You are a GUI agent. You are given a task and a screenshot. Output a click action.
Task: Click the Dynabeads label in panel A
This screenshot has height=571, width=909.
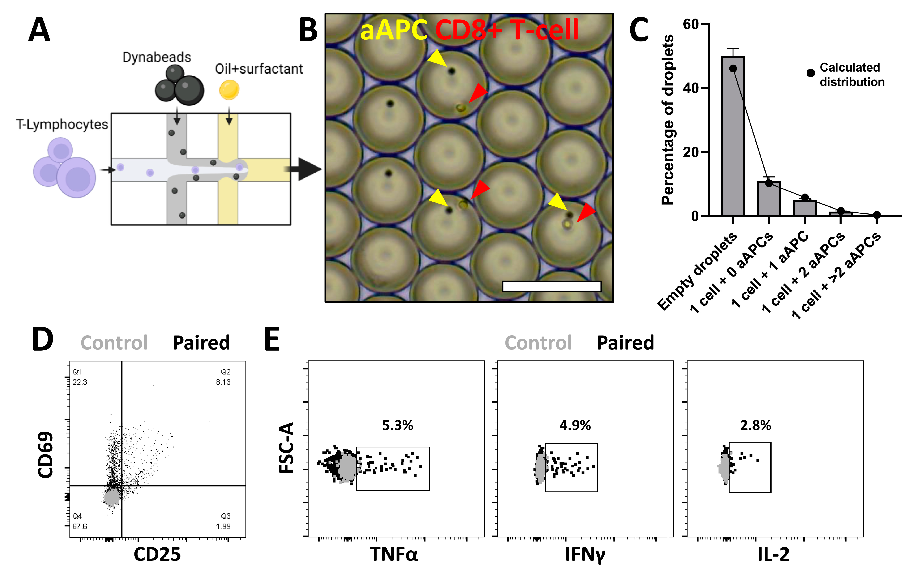coord(157,57)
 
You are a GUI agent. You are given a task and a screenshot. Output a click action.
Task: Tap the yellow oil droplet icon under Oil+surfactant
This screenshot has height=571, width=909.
coord(229,90)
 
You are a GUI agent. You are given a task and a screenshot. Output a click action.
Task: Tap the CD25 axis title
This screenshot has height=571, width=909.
coord(157,554)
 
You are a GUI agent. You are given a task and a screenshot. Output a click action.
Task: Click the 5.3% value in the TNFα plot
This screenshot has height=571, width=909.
coord(398,425)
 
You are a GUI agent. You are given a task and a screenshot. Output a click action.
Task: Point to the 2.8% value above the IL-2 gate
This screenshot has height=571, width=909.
coord(755,425)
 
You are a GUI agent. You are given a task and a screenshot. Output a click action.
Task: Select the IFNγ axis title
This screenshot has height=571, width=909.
coord(585,554)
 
